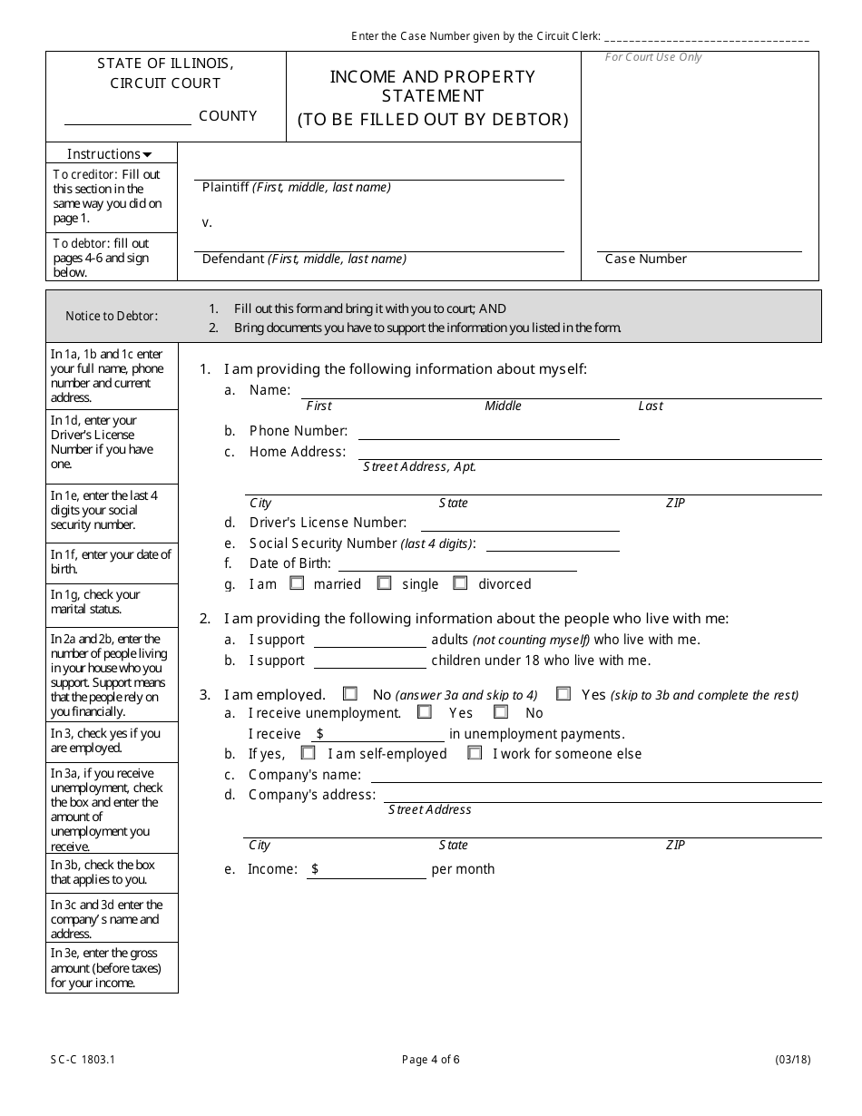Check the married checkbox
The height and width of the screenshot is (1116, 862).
(297, 583)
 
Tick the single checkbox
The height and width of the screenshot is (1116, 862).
(385, 583)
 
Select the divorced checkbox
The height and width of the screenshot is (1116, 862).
(461, 583)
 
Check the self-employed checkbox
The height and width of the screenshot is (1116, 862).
(309, 753)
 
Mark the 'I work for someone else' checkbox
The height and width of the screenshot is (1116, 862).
(475, 753)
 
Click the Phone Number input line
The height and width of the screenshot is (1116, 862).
(488, 432)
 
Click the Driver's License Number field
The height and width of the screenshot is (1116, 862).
(520, 524)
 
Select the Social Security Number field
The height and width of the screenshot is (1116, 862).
(553, 544)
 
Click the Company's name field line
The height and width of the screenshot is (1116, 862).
(595, 775)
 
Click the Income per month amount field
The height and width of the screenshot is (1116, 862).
(372, 869)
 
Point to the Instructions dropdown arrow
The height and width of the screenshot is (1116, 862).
(147, 155)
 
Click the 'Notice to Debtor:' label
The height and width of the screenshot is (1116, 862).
(112, 316)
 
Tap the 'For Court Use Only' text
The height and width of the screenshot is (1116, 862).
(653, 57)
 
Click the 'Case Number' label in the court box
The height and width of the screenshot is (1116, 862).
(646, 259)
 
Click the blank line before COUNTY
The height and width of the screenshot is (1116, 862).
(127, 117)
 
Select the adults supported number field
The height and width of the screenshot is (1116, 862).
(356, 640)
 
